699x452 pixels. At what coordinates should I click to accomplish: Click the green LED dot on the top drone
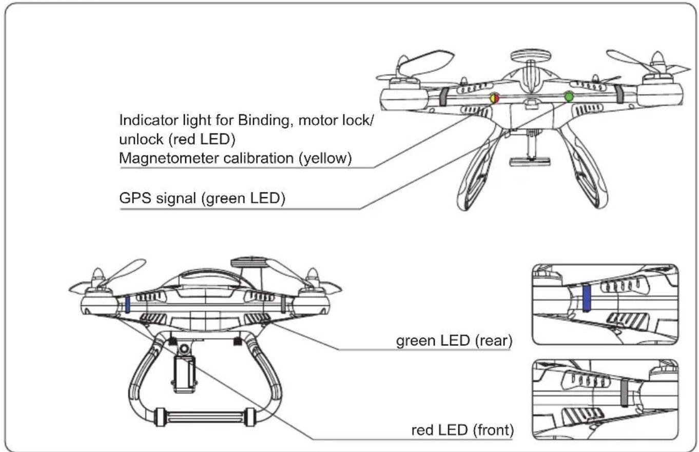coord(568,96)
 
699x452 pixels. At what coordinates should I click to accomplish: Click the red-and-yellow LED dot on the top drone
coord(494,97)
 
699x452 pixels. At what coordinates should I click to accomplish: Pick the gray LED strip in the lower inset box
coord(624,392)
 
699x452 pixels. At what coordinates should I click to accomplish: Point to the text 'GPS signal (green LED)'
coord(202,199)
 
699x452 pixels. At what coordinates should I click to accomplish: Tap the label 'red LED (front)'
coord(462,430)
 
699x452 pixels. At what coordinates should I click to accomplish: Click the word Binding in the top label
coord(262,121)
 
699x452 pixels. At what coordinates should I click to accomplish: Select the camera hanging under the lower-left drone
coord(184,374)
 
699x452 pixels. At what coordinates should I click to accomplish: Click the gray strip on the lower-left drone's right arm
coord(283,304)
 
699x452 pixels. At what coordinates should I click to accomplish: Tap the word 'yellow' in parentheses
coord(324,159)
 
